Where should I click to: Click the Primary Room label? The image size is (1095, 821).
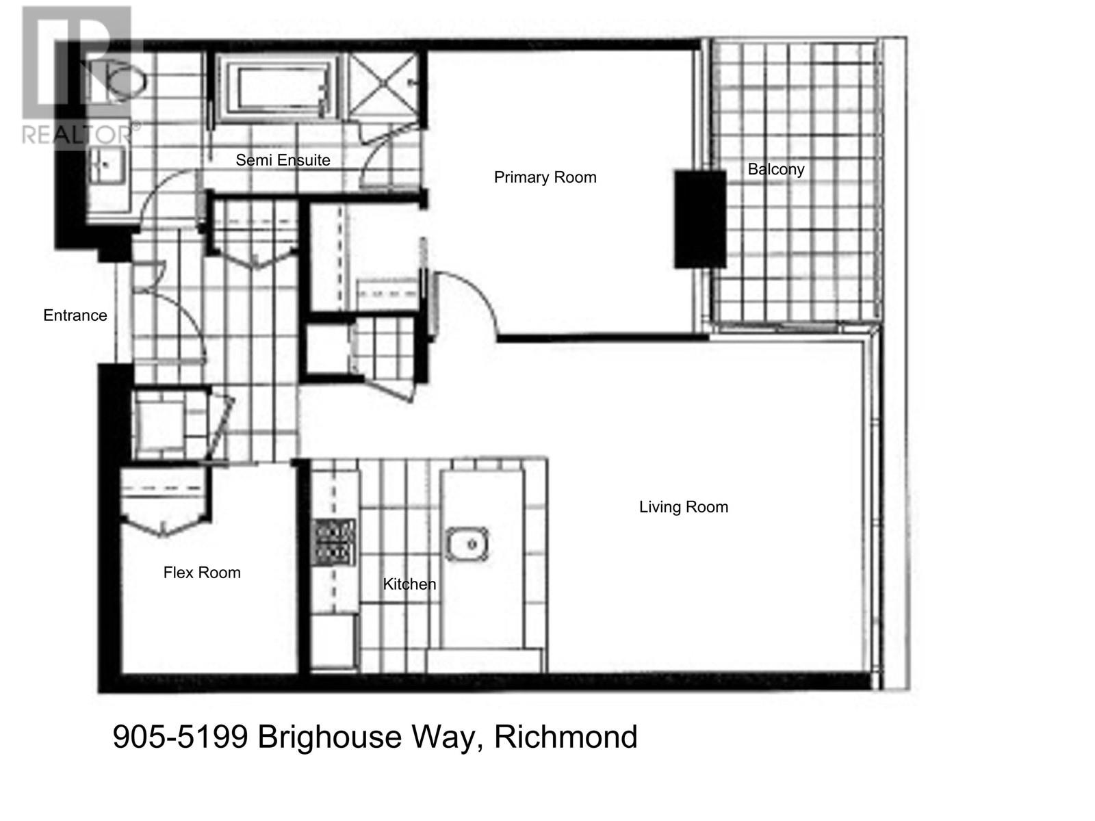point(545,178)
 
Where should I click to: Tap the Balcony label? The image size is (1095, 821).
point(775,169)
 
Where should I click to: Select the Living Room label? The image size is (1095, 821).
point(683,507)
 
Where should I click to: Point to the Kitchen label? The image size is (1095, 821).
point(409,584)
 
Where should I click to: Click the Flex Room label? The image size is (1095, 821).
point(202,573)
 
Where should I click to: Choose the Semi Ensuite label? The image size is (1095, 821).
point(283,160)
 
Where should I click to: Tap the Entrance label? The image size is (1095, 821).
point(75,315)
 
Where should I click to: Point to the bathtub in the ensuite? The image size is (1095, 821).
point(278,89)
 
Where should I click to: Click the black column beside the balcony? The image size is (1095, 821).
point(699,219)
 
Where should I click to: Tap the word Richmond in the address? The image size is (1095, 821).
point(565,738)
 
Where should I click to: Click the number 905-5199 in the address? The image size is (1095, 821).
point(179,738)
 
